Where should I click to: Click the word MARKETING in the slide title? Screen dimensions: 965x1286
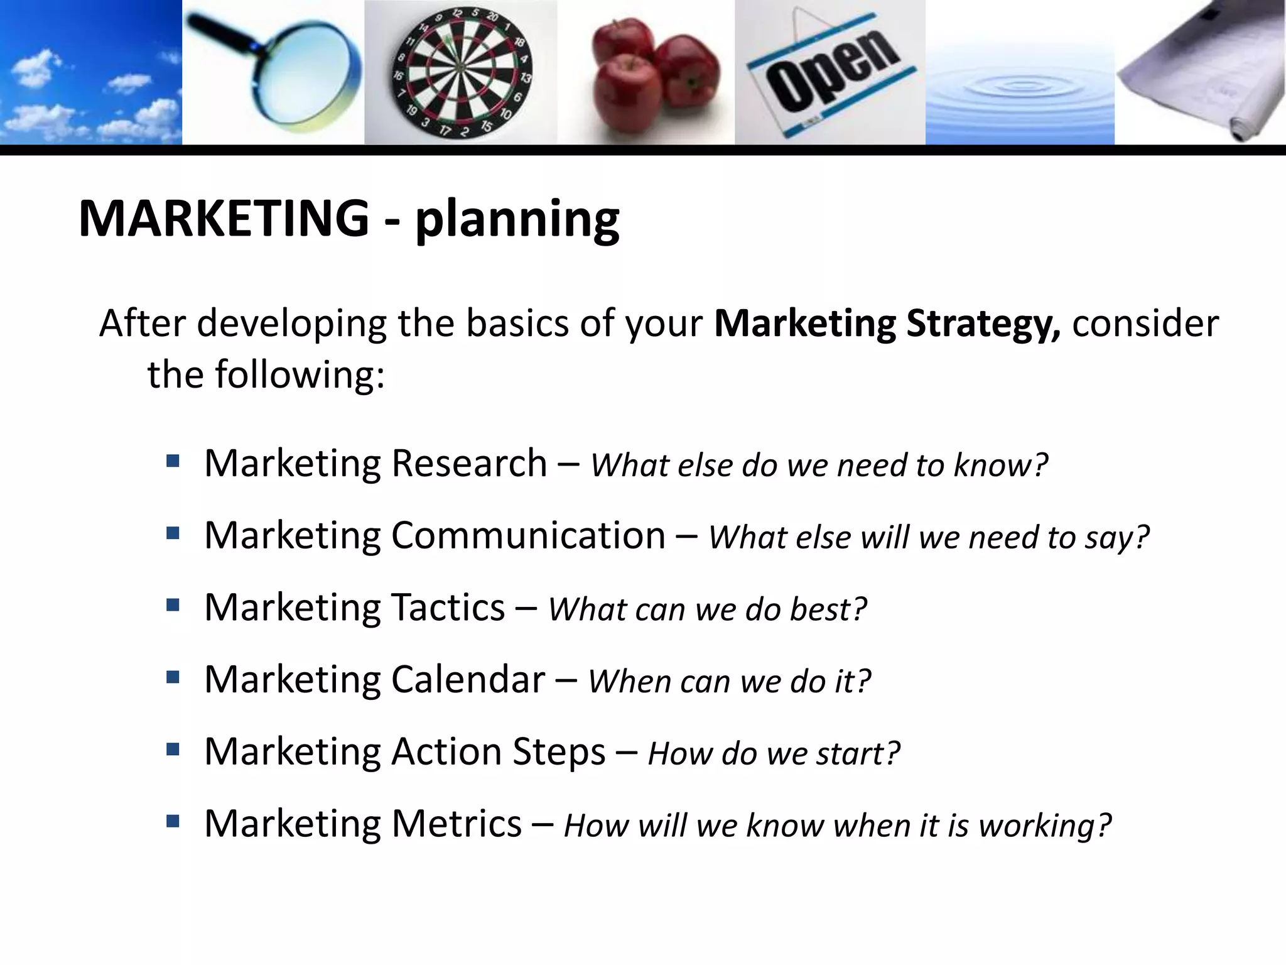pos(224,219)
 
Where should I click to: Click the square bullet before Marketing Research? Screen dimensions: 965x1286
pos(173,462)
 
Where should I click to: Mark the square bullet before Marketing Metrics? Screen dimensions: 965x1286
pos(173,821)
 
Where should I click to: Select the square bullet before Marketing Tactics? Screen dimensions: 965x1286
pos(173,606)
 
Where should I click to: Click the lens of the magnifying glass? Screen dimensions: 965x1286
pos(307,73)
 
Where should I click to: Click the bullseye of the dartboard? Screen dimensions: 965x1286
pos(460,67)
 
